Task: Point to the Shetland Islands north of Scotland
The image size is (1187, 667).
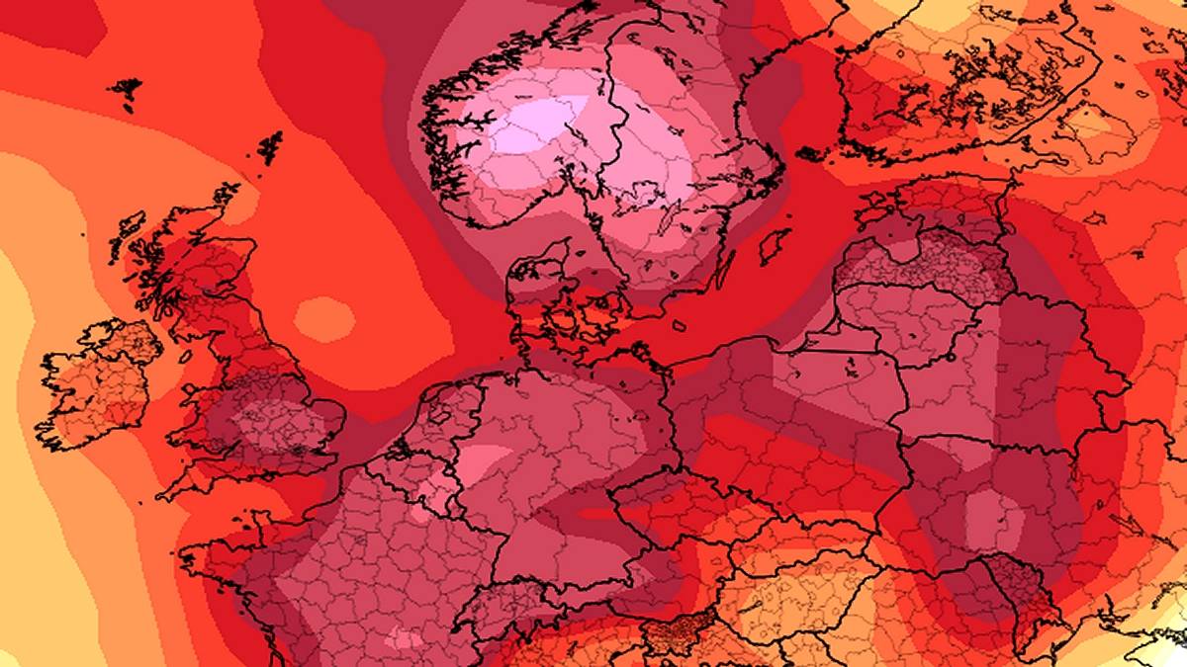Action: click(268, 147)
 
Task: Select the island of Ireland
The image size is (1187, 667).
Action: click(94, 380)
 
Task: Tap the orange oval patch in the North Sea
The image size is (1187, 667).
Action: click(323, 319)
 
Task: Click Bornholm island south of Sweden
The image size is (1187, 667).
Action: click(680, 325)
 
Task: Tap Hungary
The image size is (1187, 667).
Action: click(791, 593)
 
